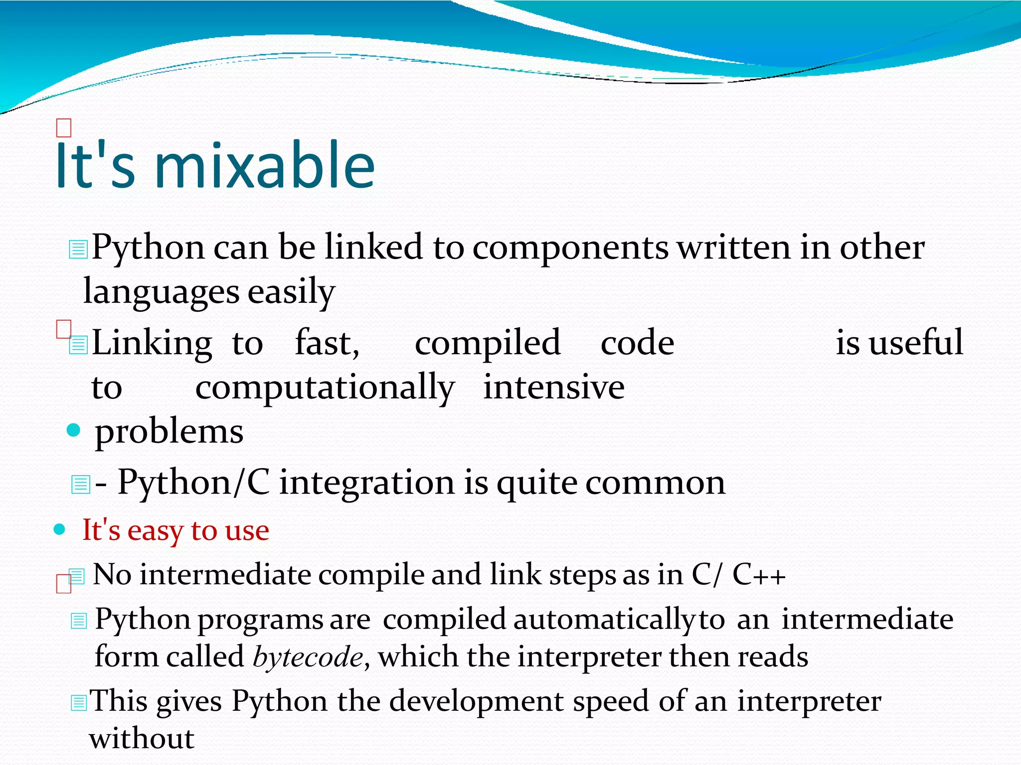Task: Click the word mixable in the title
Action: (264, 165)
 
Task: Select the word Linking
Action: (152, 344)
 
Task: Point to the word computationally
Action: (325, 387)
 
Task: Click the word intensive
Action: (553, 387)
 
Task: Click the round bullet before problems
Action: (73, 430)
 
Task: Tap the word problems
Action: (169, 431)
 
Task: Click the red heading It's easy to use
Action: (175, 530)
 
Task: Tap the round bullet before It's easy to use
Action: (60, 529)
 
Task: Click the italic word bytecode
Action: (308, 657)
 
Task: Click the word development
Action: (476, 702)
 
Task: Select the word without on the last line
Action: (142, 739)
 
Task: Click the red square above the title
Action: (64, 128)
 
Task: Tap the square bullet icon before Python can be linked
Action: (78, 249)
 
